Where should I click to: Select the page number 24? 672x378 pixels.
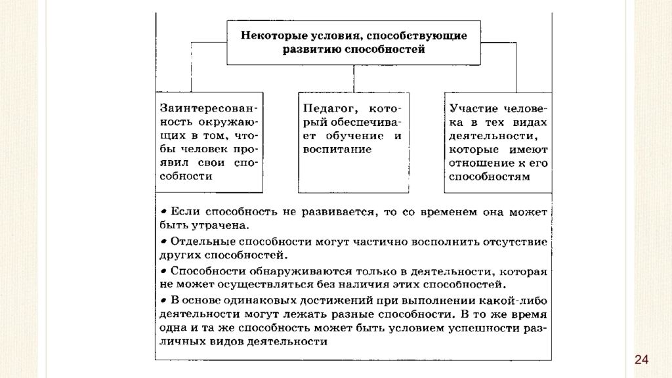[x=641, y=360]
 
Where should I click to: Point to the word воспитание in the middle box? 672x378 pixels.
[x=337, y=150]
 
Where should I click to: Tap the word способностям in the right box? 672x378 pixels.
[x=490, y=177]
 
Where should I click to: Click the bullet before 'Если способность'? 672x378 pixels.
[x=163, y=212]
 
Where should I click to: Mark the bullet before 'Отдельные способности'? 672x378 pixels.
[x=163, y=241]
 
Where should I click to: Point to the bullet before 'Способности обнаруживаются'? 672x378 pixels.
[x=163, y=271]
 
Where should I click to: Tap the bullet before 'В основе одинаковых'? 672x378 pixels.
[x=163, y=301]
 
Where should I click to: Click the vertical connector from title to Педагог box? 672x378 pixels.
[x=354, y=79]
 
